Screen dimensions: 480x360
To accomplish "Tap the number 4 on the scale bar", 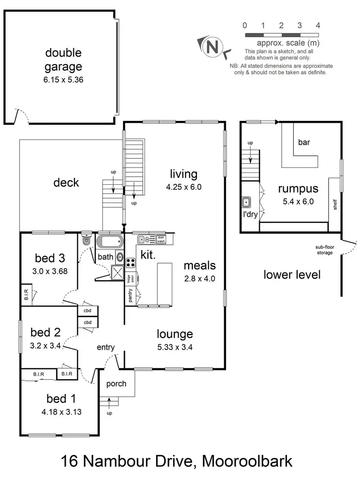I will (x=318, y=25).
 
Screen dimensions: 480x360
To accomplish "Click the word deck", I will (x=66, y=182).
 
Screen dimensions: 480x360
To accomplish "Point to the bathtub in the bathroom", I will (x=110, y=241).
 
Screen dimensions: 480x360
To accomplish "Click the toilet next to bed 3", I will (x=86, y=240).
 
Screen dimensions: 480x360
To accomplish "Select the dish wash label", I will (x=161, y=239).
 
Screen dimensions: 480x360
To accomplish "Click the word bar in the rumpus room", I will (x=304, y=142).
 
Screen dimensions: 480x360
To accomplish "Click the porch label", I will (x=116, y=384).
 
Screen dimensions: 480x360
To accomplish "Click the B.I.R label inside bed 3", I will (x=26, y=294).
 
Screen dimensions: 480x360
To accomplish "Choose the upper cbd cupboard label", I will (x=87, y=310).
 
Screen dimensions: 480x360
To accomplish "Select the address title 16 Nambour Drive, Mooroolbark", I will (x=177, y=462).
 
